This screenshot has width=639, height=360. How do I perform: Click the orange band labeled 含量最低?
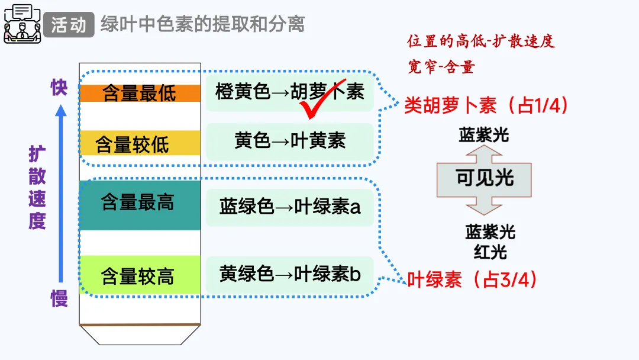coord(140,94)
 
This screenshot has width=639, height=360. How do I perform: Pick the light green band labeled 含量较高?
coord(140,275)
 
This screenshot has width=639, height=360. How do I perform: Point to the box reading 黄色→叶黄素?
coord(290,141)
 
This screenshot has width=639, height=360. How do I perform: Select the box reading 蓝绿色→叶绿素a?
coord(290,207)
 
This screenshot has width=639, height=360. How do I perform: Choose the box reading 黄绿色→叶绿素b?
coord(290,274)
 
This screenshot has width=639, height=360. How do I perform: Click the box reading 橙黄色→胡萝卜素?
coord(290,92)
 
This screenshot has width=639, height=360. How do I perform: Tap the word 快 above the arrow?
coord(59,88)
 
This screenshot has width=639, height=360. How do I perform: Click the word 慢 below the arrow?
coord(59,298)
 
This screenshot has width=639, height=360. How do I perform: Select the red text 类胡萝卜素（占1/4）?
coord(486,105)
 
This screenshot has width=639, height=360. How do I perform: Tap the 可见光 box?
coord(484,178)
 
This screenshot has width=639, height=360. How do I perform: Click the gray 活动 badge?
coord(69,25)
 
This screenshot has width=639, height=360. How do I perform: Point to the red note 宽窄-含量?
coord(441,66)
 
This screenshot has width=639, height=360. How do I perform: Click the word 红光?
coord(490,252)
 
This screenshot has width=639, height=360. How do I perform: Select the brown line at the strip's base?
coord(140,324)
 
